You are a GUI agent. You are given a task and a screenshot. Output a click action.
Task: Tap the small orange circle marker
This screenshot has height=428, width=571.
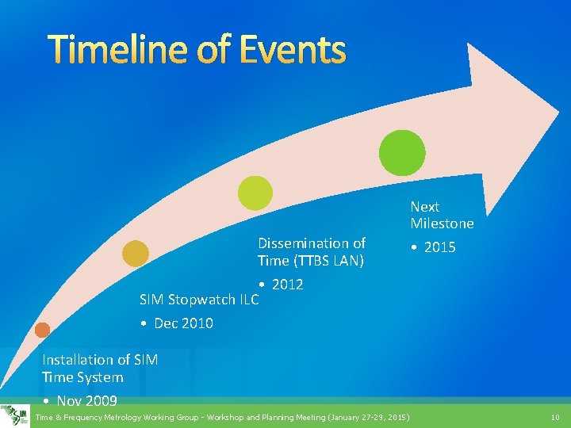[42, 330]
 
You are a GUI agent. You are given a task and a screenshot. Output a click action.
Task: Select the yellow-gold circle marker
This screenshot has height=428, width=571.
[135, 253]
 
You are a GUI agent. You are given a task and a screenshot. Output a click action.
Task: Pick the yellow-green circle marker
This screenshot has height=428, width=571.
[255, 193]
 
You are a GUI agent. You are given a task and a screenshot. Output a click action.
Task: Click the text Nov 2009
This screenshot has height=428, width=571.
[87, 401]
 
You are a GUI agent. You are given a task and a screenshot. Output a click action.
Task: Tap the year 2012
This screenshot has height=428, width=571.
[287, 285]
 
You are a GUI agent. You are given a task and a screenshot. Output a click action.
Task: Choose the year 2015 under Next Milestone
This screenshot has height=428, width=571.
[439, 247]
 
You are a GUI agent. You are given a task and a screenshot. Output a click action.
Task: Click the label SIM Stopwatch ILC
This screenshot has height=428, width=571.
[198, 300]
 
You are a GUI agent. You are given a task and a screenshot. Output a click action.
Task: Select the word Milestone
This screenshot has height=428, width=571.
[442, 224]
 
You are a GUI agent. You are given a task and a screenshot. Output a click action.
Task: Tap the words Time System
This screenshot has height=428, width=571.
[82, 377]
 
